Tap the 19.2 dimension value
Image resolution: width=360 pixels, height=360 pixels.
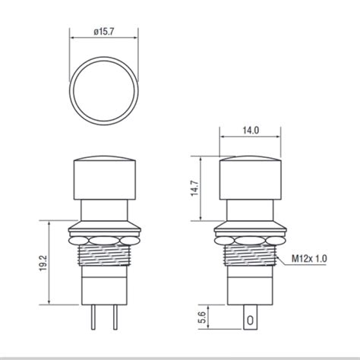point(45,263)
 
